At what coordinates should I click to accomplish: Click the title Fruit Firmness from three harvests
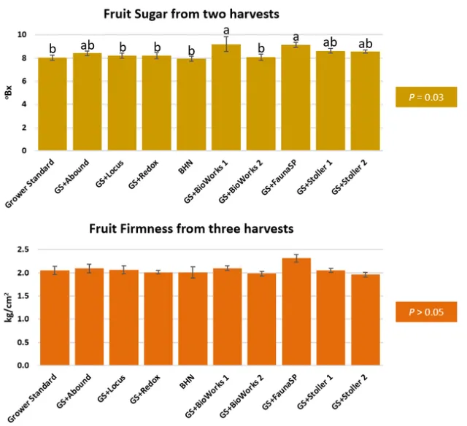tap(191, 228)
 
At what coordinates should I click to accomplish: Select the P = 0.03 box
tap(425, 97)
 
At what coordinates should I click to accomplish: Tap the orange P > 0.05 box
tap(425, 311)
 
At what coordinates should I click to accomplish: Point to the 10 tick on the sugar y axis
tap(23, 35)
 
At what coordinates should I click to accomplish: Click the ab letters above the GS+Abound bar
tap(87, 44)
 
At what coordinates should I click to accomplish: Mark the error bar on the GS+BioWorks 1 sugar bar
tap(225, 44)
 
